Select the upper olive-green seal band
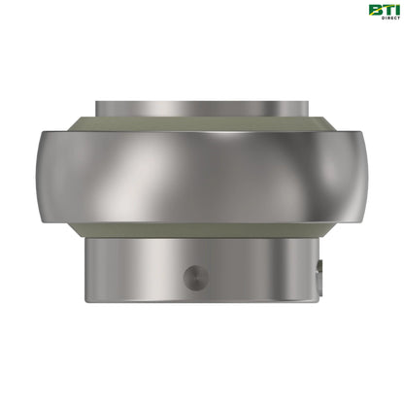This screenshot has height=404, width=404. tap(202, 124)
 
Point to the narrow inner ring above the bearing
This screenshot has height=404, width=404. tap(202, 104)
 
